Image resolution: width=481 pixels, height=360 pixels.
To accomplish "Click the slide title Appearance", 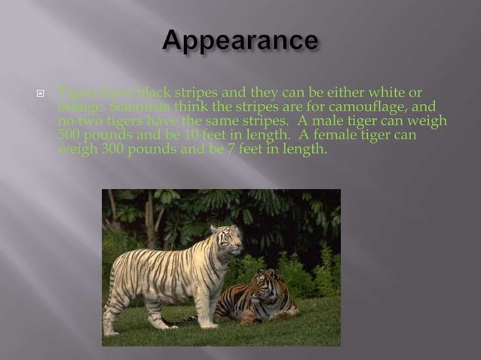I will [x=240, y=41].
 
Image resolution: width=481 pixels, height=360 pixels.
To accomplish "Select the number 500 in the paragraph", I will [x=69, y=135].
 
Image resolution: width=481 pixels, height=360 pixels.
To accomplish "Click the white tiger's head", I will [x=228, y=239].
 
